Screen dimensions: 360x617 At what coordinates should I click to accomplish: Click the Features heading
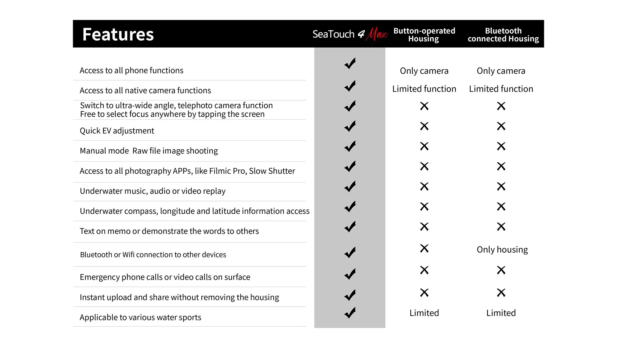pyautogui.click(x=118, y=34)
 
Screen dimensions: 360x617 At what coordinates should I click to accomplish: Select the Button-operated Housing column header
pyautogui.click(x=424, y=35)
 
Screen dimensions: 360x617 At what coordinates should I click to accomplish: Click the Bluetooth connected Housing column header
pyautogui.click(x=503, y=35)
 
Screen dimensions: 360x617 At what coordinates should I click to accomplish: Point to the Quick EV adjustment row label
pyautogui.click(x=117, y=131)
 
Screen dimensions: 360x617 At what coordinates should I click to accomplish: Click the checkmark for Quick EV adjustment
pyautogui.click(x=350, y=126)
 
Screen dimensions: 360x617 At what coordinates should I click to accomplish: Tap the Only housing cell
pyautogui.click(x=502, y=250)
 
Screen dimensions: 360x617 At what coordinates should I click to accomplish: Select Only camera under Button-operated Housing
pyautogui.click(x=424, y=71)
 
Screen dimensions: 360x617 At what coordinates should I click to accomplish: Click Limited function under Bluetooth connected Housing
pyautogui.click(x=501, y=89)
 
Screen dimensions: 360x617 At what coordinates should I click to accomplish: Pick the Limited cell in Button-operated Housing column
pyautogui.click(x=424, y=313)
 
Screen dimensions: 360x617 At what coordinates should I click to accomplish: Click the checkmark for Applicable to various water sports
pyautogui.click(x=350, y=313)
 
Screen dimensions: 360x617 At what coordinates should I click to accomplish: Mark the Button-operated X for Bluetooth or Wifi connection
pyautogui.click(x=424, y=248)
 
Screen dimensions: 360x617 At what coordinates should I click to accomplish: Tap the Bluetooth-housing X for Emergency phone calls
pyautogui.click(x=501, y=270)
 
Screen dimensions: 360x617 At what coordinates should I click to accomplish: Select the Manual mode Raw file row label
pyautogui.click(x=149, y=151)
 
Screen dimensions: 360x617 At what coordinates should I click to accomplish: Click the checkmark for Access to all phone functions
pyautogui.click(x=350, y=64)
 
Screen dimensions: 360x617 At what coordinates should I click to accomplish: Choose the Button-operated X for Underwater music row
pyautogui.click(x=424, y=186)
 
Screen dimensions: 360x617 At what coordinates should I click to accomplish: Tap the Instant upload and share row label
pyautogui.click(x=179, y=297)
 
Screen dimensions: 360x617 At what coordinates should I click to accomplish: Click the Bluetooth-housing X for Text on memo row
pyautogui.click(x=501, y=227)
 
